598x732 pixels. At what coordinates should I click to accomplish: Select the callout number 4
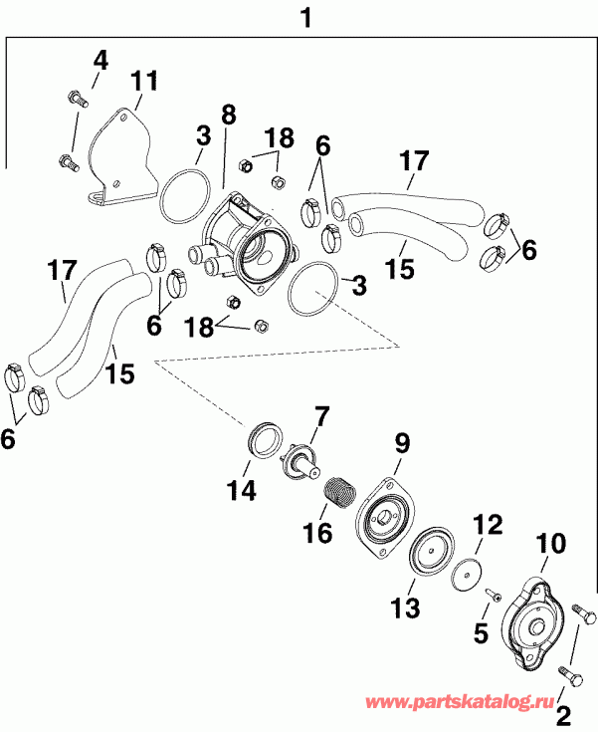click(x=100, y=60)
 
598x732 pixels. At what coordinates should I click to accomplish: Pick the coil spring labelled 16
click(x=340, y=491)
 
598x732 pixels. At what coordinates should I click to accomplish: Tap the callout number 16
click(x=318, y=535)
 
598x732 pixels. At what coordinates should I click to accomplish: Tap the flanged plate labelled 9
click(x=383, y=519)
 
